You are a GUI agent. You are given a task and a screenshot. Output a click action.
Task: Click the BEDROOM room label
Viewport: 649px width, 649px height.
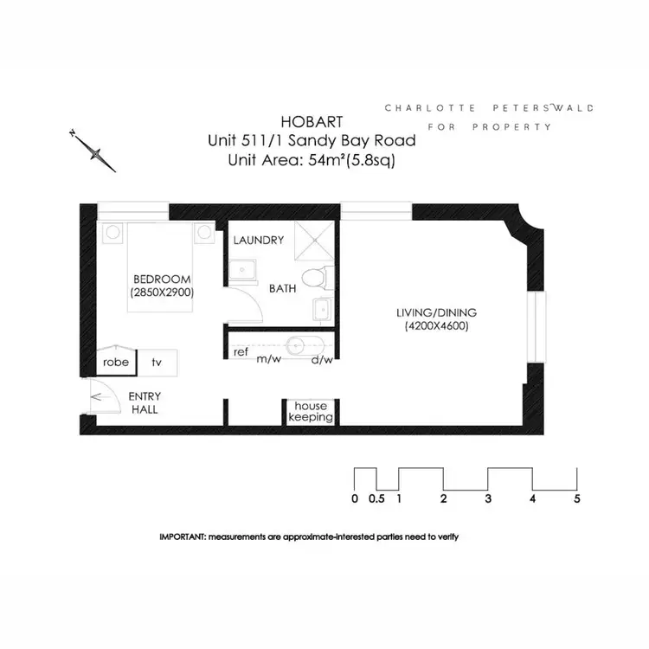[x=162, y=279]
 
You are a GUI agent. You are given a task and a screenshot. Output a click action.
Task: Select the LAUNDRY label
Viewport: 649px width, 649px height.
[x=258, y=240]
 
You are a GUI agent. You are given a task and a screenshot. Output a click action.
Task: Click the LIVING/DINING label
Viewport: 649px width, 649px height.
[x=437, y=312]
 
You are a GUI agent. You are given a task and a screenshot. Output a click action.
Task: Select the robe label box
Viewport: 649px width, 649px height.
[x=116, y=362]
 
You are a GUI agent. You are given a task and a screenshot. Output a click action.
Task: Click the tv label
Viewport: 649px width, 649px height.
[x=157, y=362]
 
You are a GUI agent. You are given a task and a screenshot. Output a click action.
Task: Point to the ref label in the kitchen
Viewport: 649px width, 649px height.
[x=241, y=352]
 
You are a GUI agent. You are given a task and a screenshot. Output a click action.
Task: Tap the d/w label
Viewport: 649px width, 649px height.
[x=322, y=360]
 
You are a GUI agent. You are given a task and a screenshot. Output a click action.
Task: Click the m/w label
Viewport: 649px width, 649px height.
[x=267, y=360]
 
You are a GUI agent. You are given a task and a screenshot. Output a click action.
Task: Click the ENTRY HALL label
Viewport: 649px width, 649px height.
[x=145, y=403]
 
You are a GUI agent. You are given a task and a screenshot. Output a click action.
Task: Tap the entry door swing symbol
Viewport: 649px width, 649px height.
[x=102, y=400]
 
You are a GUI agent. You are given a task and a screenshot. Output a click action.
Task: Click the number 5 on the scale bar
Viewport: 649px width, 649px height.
[x=577, y=499]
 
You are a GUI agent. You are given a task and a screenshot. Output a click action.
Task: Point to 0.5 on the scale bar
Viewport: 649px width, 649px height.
[x=376, y=499]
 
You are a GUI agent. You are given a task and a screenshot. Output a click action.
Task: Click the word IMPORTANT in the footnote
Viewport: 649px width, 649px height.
[x=182, y=537]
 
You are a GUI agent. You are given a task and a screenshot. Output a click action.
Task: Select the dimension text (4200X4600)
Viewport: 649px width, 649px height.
[x=436, y=327]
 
